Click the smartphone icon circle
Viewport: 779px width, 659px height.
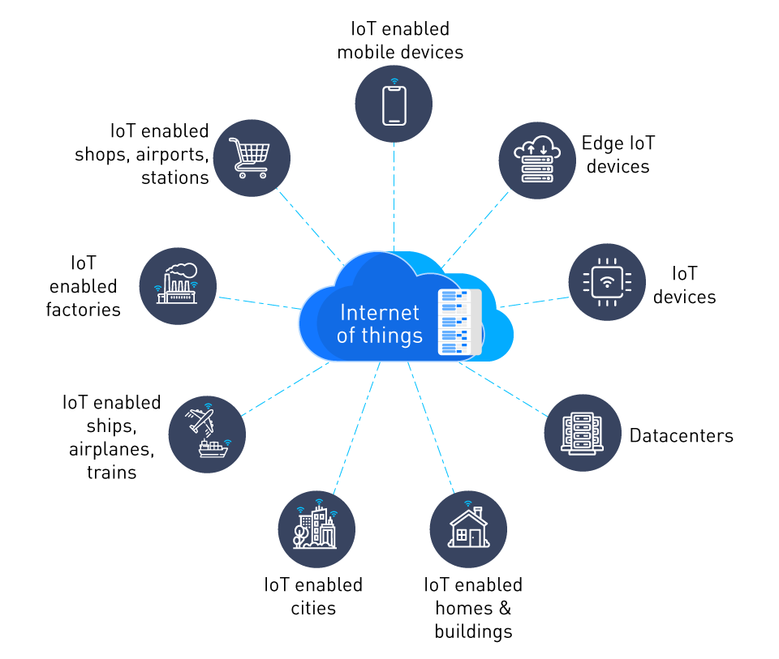(x=394, y=104)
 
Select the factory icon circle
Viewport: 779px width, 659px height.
(x=179, y=286)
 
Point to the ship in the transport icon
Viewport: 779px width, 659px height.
(x=213, y=448)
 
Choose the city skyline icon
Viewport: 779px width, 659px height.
(x=317, y=528)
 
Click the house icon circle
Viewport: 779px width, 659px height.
(x=468, y=528)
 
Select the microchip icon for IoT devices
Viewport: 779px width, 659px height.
(x=607, y=282)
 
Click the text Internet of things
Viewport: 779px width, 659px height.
(x=380, y=323)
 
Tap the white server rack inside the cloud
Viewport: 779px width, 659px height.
(x=459, y=322)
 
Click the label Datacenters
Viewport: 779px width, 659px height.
(x=681, y=435)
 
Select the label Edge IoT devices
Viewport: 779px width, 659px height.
(x=618, y=155)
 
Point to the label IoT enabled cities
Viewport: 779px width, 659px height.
(x=313, y=596)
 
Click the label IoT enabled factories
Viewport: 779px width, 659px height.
(x=83, y=286)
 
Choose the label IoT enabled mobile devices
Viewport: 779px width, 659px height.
(x=400, y=41)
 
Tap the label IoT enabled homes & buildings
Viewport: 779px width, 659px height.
(x=473, y=608)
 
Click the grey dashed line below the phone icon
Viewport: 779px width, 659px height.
(x=394, y=195)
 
